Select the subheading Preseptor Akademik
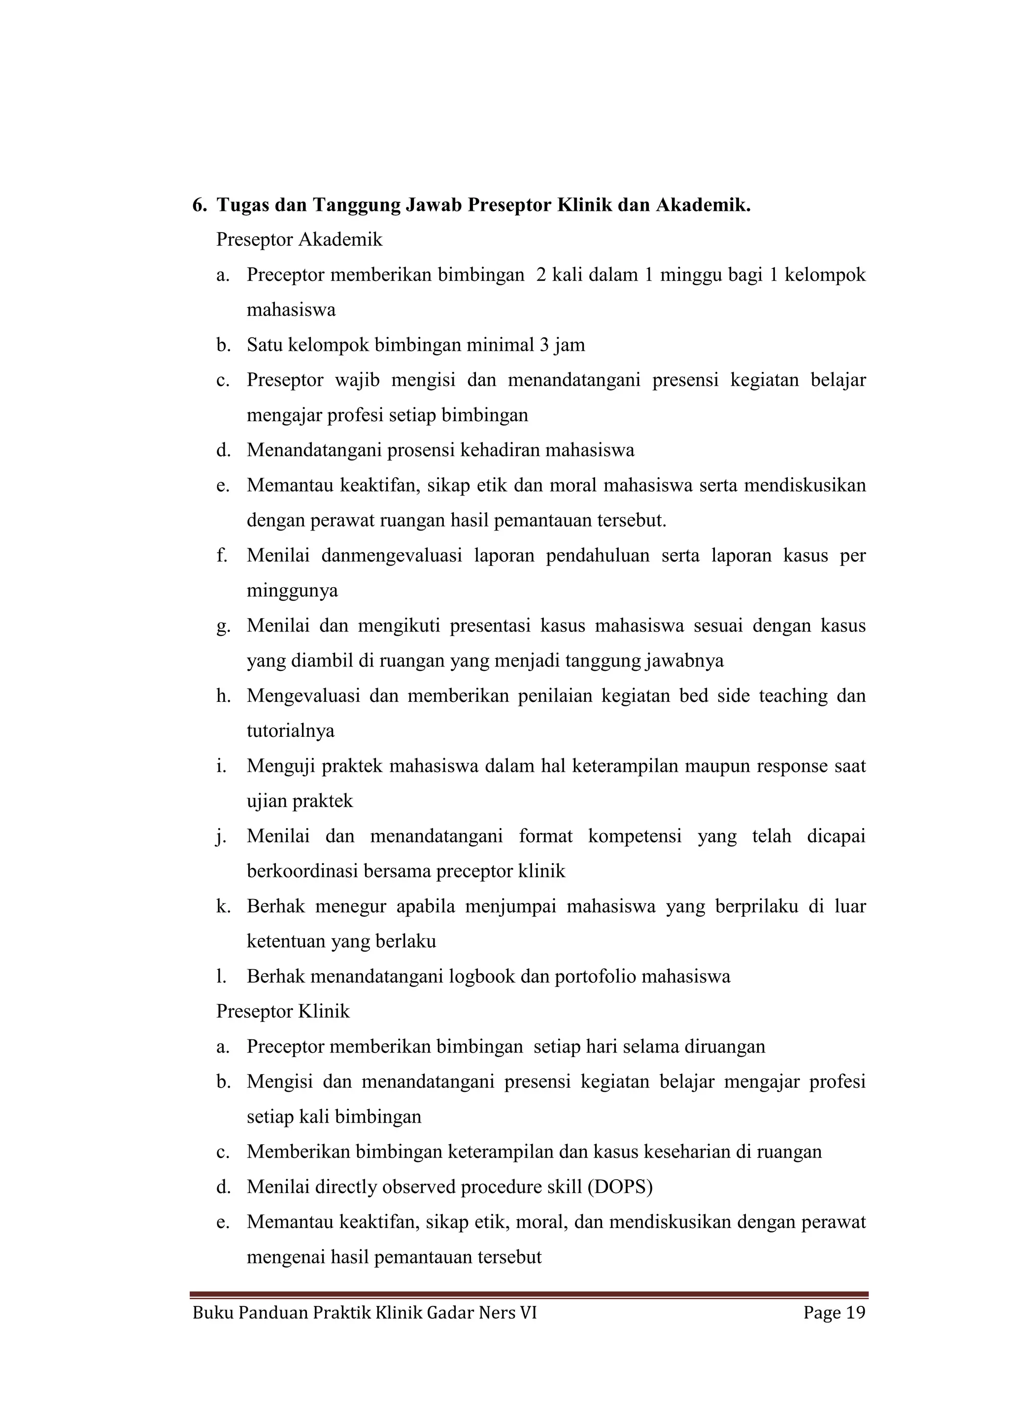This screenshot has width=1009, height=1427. (299, 239)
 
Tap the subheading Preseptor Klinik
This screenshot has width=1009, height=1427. (283, 1012)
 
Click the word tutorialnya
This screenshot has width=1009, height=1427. (290, 731)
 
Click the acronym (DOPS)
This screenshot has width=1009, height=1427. (620, 1188)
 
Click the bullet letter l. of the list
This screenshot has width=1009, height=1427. (221, 977)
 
